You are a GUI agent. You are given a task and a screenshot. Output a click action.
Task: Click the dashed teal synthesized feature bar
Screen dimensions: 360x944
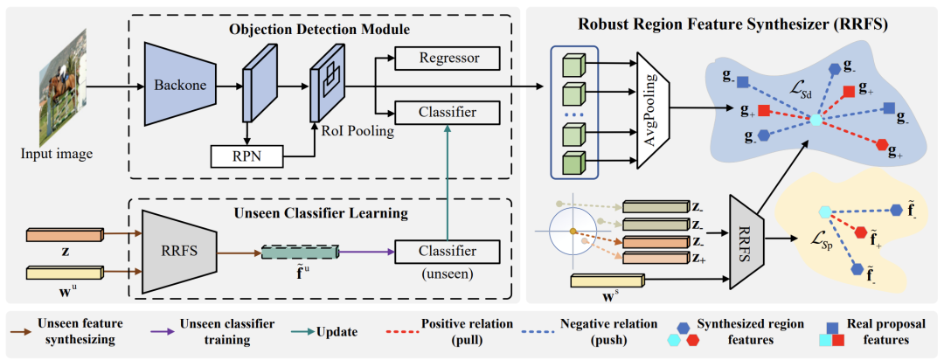tap(300, 252)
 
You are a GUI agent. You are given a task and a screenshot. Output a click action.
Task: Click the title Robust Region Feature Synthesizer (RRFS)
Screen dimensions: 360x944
tap(733, 24)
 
